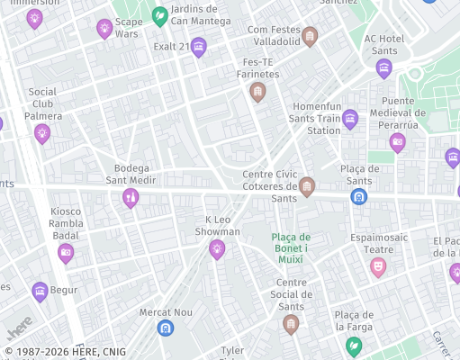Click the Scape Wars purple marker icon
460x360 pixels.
tap(104, 28)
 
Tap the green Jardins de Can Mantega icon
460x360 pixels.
tap(160, 15)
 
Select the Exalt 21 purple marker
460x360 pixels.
tap(199, 47)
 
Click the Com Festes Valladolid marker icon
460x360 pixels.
tap(311, 36)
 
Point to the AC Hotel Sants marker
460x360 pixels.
tap(384, 67)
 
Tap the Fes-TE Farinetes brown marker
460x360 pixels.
tap(258, 91)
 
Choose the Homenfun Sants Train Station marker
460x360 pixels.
tap(350, 119)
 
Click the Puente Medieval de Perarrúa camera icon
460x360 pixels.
tap(397, 140)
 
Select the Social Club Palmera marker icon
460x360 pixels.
tap(41, 133)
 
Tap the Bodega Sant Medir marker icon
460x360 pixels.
tap(131, 197)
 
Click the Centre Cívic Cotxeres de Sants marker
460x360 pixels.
tap(307, 186)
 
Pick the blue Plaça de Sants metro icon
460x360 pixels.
tap(359, 195)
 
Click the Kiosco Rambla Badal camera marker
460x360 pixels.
tap(65, 253)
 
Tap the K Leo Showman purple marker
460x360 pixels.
tap(216, 248)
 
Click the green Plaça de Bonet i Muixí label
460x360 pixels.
tap(290, 247)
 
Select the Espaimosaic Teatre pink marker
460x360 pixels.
tap(378, 266)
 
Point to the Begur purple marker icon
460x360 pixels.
tap(39, 291)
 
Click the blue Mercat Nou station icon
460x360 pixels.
tap(165, 328)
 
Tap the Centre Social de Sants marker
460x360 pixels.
tap(290, 323)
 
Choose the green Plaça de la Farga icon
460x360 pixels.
tap(354, 346)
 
